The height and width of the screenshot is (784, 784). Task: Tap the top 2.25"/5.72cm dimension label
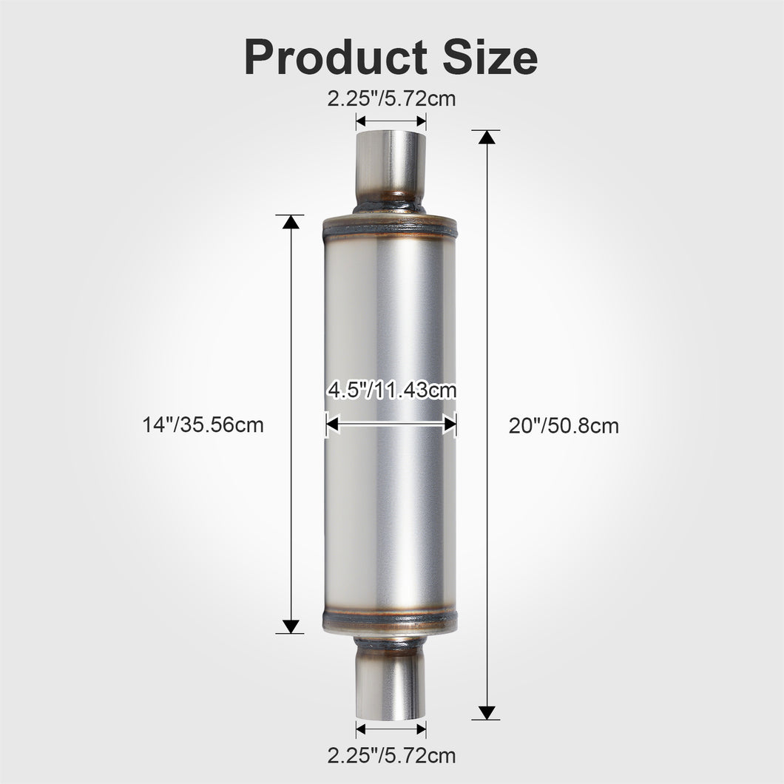(x=391, y=98)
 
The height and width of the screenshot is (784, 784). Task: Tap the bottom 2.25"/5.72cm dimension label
(x=391, y=755)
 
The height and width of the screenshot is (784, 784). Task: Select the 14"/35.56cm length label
(x=203, y=425)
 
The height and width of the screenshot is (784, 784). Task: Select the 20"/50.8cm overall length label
(x=564, y=426)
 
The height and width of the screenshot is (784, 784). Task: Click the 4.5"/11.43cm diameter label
(x=391, y=390)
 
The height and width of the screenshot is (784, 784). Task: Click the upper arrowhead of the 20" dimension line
(x=486, y=138)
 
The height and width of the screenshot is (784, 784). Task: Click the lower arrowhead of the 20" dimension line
(x=486, y=712)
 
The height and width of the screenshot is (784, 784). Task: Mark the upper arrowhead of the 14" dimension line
(x=291, y=223)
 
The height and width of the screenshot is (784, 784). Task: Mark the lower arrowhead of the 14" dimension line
(x=291, y=626)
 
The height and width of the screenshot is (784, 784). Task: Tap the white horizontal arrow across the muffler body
(x=391, y=424)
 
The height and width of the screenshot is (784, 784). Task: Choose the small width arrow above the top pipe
(x=391, y=121)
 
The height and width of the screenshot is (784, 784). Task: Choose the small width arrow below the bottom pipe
(x=391, y=729)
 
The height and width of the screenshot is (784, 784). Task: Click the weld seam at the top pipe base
(x=391, y=203)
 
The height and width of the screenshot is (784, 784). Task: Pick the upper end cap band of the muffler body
(x=391, y=226)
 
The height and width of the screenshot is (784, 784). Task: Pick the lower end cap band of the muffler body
(x=391, y=621)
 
